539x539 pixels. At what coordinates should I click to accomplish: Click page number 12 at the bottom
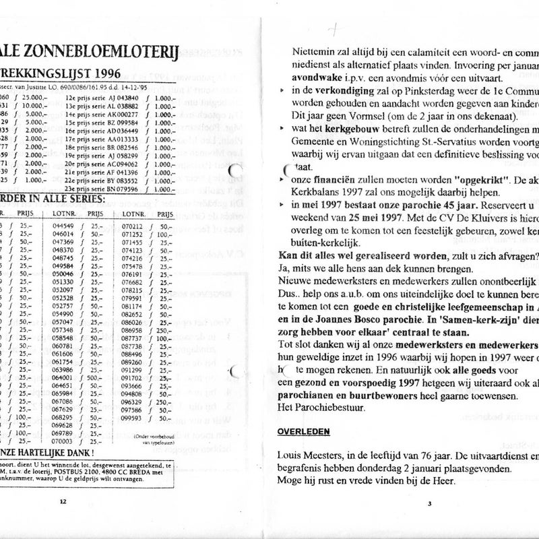pyautogui.click(x=63, y=501)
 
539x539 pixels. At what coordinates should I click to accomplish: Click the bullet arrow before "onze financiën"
pyautogui.click(x=282, y=181)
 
